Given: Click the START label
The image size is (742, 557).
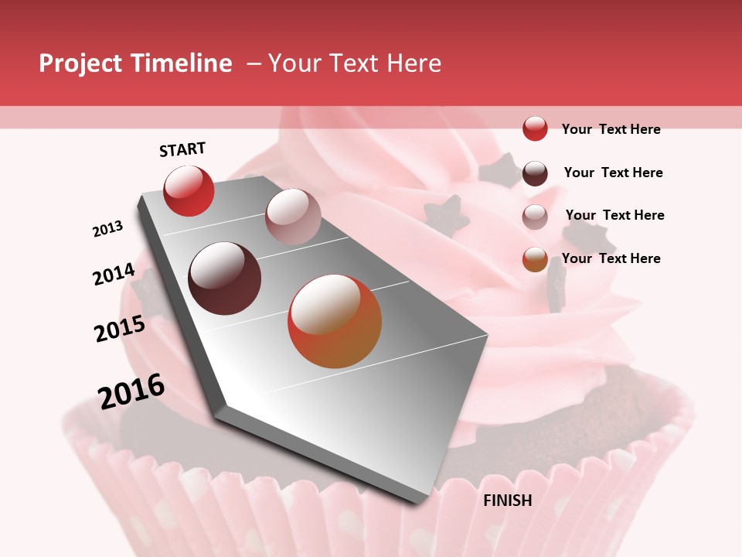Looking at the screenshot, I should pyautogui.click(x=182, y=149).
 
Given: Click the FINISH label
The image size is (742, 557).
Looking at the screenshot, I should pyautogui.click(x=507, y=501).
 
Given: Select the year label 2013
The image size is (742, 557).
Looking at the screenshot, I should pyautogui.click(x=108, y=228).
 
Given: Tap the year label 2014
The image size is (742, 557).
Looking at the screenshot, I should pyautogui.click(x=114, y=275).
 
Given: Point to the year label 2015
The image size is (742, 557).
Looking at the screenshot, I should pyautogui.click(x=120, y=329).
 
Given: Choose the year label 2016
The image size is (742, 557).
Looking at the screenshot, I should pyautogui.click(x=131, y=391).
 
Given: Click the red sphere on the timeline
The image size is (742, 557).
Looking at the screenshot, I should pyautogui.click(x=189, y=190).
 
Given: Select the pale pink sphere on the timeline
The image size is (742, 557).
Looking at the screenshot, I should pyautogui.click(x=293, y=217).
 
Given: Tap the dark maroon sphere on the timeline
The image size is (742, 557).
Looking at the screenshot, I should pyautogui.click(x=225, y=278).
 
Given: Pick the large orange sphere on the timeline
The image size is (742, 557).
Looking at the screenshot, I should pyautogui.click(x=335, y=321).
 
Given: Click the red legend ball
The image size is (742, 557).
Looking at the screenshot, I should pyautogui.click(x=535, y=128).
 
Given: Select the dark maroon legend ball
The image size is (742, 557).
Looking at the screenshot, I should pyautogui.click(x=535, y=173).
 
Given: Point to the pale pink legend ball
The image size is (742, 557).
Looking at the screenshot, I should pyautogui.click(x=535, y=217).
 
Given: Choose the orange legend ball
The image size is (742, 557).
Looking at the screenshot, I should pyautogui.click(x=535, y=259).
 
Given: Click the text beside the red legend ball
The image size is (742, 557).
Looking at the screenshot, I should pyautogui.click(x=611, y=129).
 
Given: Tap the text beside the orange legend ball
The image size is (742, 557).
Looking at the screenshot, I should pyautogui.click(x=611, y=258).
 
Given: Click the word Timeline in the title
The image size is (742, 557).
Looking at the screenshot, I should pyautogui.click(x=182, y=63).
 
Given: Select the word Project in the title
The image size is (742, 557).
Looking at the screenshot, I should pyautogui.click(x=80, y=63).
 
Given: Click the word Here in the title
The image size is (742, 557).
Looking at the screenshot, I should pyautogui.click(x=414, y=63).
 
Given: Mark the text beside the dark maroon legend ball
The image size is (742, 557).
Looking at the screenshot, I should pyautogui.click(x=613, y=173).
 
